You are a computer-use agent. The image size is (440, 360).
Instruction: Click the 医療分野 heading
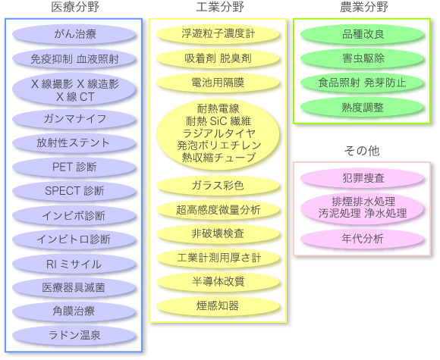tap(75, 7)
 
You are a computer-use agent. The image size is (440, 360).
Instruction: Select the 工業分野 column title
tap(220, 7)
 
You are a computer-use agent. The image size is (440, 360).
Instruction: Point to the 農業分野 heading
tap(364, 7)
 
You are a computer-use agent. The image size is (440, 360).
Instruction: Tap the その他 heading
tap(362, 151)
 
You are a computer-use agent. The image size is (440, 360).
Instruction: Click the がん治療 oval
tap(74, 34)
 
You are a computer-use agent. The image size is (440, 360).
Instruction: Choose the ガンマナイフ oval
tap(74, 119)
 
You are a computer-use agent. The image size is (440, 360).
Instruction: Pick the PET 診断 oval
tap(74, 167)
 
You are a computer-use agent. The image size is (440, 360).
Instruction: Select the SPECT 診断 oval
tap(74, 191)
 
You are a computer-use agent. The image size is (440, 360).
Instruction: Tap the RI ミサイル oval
tap(74, 264)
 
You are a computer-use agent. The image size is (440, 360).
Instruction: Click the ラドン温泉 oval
tap(74, 335)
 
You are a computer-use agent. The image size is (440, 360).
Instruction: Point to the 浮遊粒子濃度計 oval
tap(218, 34)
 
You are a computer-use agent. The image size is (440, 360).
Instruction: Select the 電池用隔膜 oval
tap(218, 83)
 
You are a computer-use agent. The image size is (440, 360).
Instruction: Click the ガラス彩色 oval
tap(218, 186)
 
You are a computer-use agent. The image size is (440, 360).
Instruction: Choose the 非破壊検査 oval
tap(218, 233)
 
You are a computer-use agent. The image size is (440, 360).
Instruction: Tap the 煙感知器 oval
tap(218, 306)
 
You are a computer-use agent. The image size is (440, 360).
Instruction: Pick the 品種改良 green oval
tap(363, 34)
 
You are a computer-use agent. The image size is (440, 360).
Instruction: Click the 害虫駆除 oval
tap(363, 58)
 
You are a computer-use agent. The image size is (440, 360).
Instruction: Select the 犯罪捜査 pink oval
tap(363, 178)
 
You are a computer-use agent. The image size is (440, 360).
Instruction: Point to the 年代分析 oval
tap(363, 239)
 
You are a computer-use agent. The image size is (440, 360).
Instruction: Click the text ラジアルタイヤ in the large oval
tap(219, 133)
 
